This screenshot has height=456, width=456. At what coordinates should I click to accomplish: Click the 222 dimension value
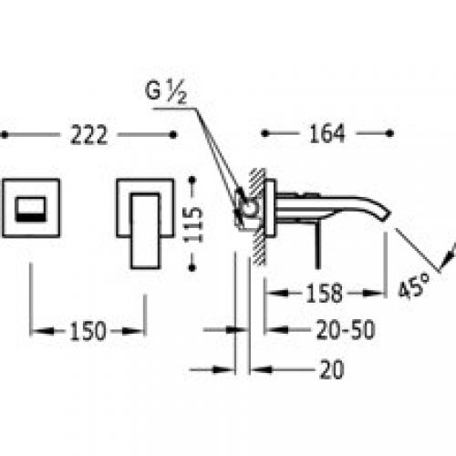click(x=88, y=135)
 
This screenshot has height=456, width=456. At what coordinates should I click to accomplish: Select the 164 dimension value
click(x=327, y=133)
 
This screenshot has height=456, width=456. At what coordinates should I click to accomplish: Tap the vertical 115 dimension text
click(x=193, y=224)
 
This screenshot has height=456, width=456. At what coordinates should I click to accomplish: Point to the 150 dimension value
click(x=88, y=331)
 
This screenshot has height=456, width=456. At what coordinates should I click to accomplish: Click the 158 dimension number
click(x=324, y=293)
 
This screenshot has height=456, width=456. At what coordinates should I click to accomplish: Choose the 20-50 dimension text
click(x=346, y=329)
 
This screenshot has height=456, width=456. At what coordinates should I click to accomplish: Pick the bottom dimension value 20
click(x=332, y=369)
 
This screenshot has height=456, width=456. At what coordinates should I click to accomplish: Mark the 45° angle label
click(x=414, y=285)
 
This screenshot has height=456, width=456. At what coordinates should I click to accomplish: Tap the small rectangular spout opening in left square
click(x=31, y=209)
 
